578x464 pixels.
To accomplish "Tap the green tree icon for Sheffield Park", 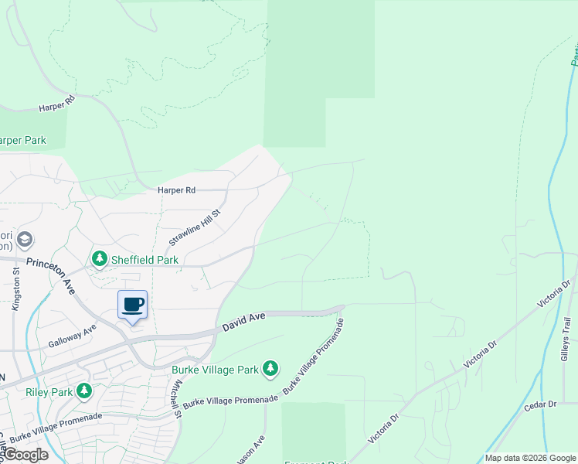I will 100,258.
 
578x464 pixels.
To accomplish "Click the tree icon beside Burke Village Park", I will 270,370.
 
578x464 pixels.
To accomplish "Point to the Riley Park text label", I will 49,392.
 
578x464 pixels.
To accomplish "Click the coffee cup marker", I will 132,305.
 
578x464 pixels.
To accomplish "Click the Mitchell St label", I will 177,399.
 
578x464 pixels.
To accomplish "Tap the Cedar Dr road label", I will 540,404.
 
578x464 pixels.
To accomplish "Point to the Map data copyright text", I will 529,458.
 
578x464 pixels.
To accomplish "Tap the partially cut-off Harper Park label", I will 23,141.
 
